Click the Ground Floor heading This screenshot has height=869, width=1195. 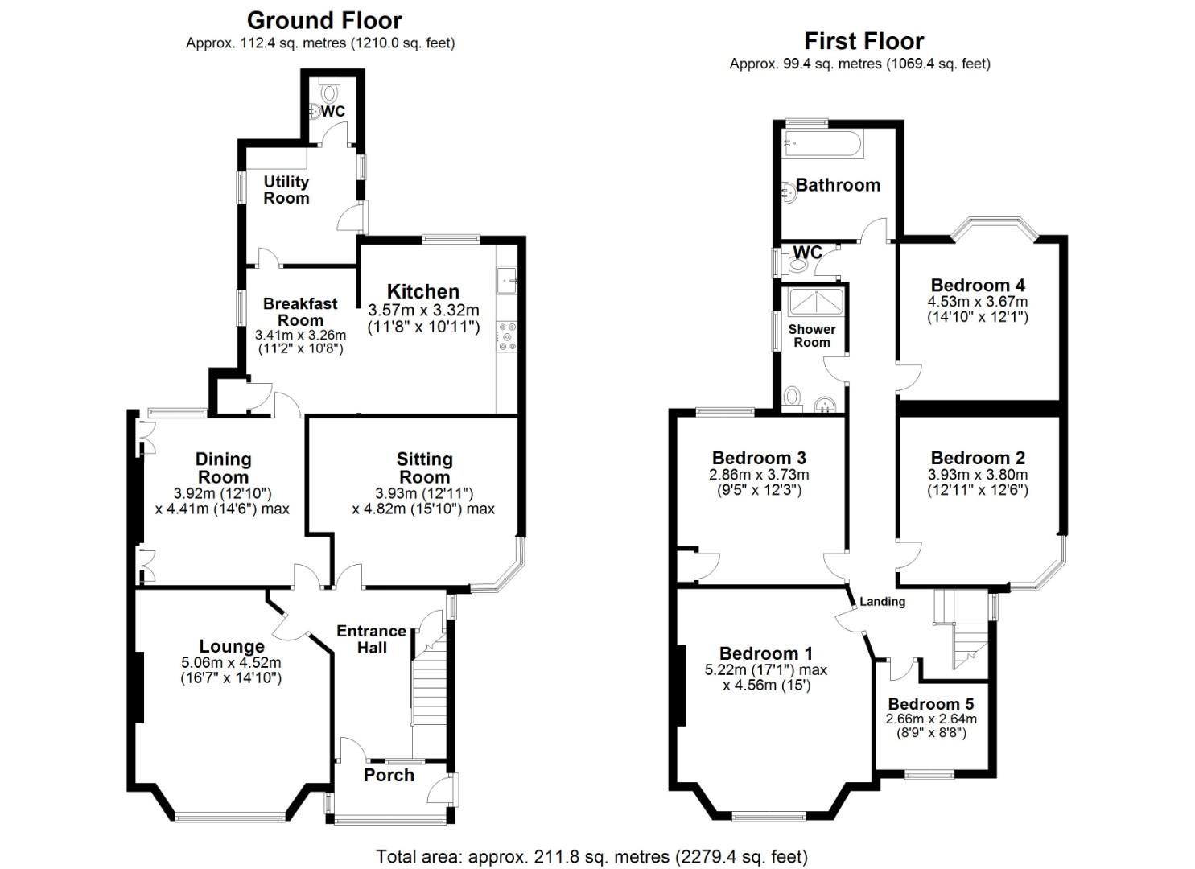pos(323,21)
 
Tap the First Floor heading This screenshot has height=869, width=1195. pos(863,41)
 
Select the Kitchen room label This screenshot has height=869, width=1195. pos(423,291)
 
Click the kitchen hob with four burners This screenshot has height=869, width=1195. pos(507,336)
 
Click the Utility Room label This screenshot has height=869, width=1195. pos(286,190)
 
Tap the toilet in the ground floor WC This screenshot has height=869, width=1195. pos(330,91)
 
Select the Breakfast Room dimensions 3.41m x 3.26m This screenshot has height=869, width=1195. pos(300,335)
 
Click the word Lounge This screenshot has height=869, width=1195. pos(232,646)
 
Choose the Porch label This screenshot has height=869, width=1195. pos(389,775)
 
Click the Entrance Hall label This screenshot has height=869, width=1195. pos(371,639)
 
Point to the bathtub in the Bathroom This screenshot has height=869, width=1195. pos(822,143)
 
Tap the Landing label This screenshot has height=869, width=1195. pos(883,602)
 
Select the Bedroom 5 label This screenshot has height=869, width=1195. pos(931,703)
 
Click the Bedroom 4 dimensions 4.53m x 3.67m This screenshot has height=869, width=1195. pos(978,302)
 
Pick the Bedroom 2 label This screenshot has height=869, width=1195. pos(978,458)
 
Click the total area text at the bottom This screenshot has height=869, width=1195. pos(592,856)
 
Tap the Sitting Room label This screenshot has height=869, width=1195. pos(425,467)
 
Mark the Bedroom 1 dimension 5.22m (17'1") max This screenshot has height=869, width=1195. pos(765,669)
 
